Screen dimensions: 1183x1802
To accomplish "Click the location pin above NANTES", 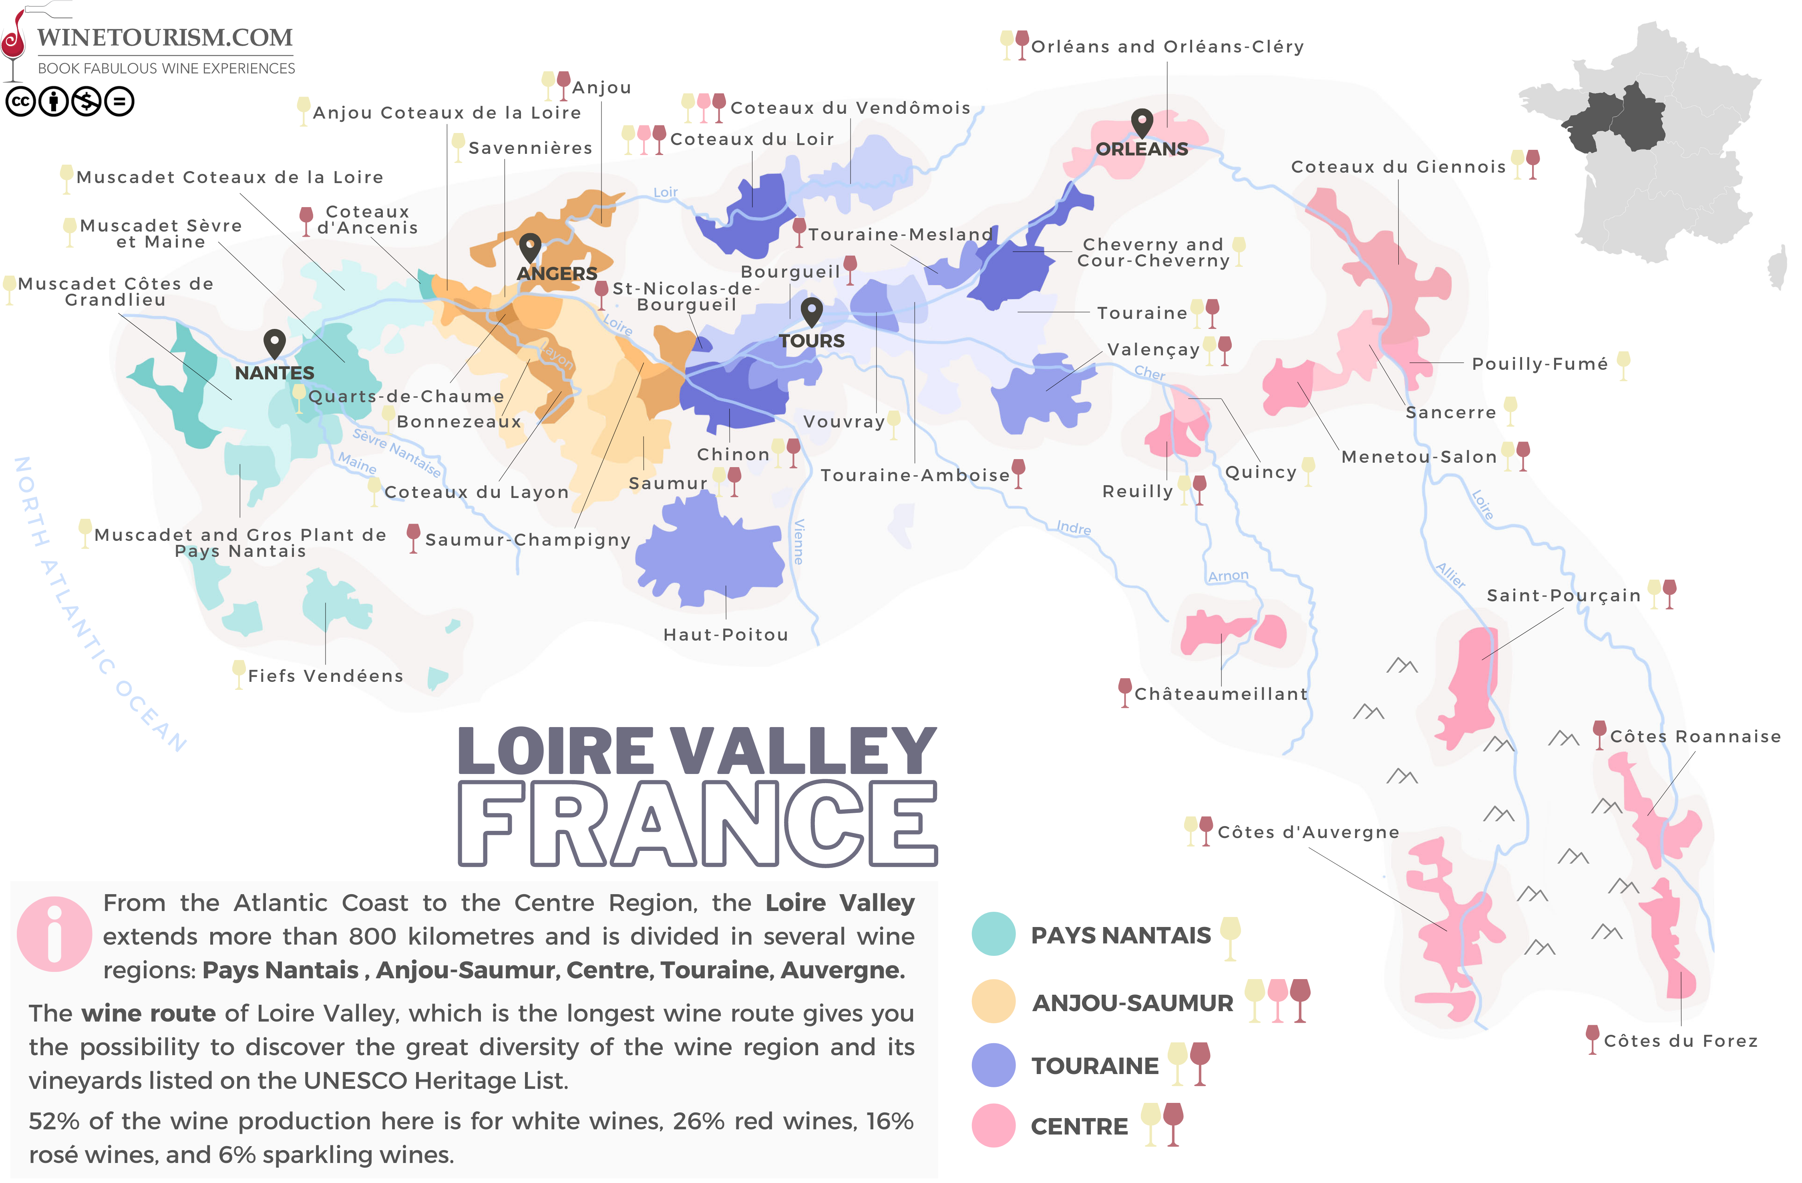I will [274, 343].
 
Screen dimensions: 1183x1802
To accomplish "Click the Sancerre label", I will [1451, 413].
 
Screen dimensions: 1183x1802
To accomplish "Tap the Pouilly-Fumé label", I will [1539, 364].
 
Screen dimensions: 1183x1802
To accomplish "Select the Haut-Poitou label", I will [725, 635].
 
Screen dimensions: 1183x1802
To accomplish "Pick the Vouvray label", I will [843, 422].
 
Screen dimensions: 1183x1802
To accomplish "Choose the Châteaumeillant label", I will [1221, 694].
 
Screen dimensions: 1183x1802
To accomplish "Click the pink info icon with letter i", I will [54, 934].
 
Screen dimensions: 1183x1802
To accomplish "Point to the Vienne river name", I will [799, 542].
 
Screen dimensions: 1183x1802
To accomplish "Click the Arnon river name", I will [1227, 576].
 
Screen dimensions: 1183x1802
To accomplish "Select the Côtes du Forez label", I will [1680, 1041].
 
